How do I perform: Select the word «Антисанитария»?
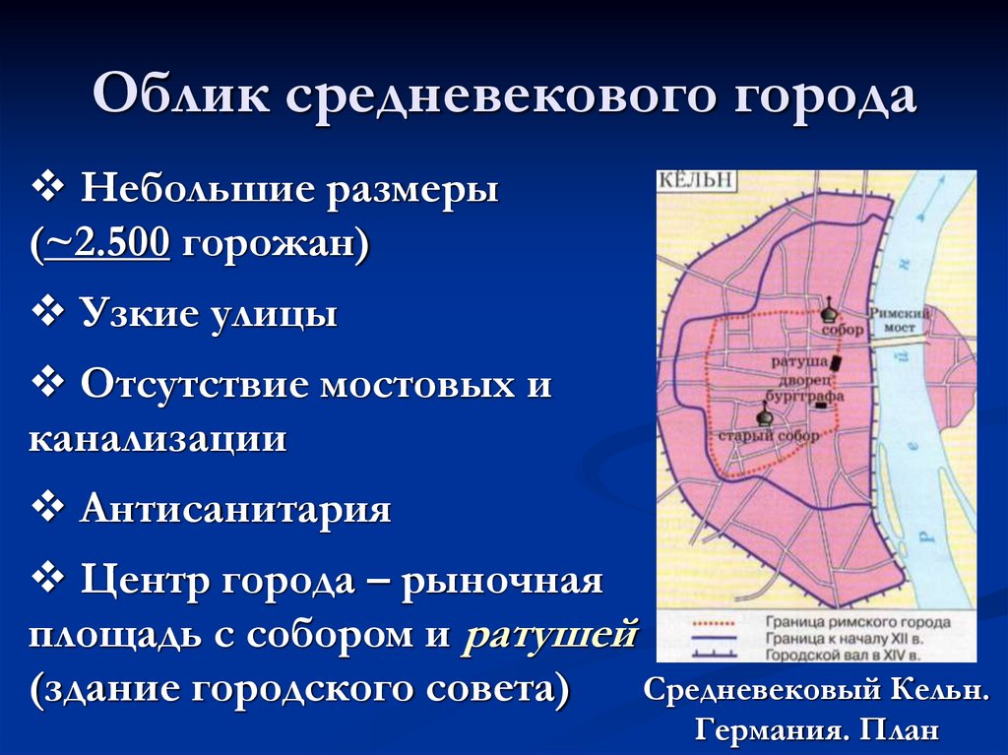point(236,510)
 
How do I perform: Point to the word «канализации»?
point(157,438)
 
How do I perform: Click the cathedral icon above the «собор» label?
point(830,313)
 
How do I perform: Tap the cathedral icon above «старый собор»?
point(764,413)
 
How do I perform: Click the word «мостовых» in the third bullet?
point(411,385)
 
